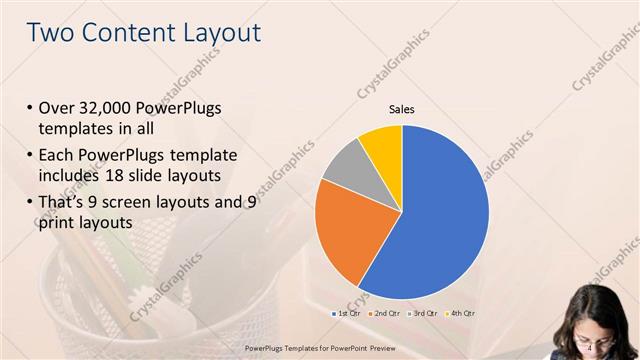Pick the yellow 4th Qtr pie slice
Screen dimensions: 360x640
[382, 144]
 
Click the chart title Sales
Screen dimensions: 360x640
[401, 110]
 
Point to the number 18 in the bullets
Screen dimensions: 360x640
[154, 176]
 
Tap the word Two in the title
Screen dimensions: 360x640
[49, 32]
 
